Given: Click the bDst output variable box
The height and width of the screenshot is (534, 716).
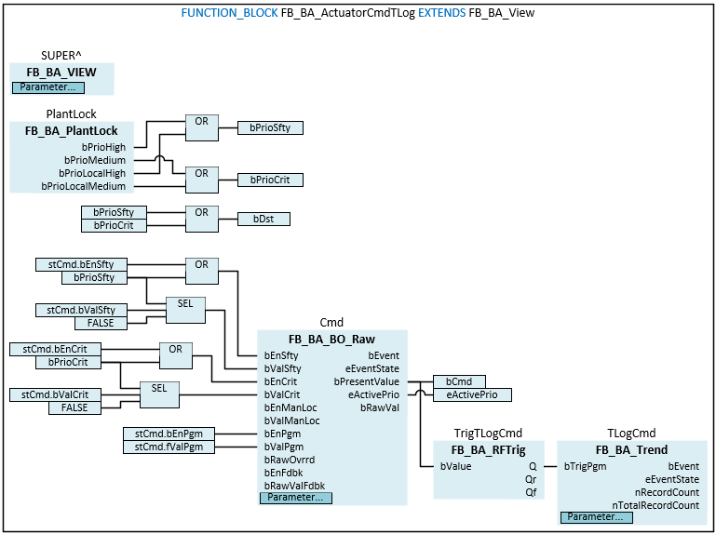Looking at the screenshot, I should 263,220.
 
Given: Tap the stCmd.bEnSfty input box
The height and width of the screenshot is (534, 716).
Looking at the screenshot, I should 81,264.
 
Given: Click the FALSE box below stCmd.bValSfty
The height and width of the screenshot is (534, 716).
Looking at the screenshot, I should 101,323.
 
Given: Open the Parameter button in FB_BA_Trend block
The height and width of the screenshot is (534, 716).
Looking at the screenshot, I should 595,516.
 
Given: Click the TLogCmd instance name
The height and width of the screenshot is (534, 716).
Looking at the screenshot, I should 632,433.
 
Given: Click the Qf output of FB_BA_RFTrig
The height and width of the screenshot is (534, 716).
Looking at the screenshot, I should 531,492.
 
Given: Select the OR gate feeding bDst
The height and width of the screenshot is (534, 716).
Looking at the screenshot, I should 201,212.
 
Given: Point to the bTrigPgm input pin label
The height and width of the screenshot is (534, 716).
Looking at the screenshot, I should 587,466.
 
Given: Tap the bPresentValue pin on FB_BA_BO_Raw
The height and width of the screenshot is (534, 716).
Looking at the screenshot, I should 367,381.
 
